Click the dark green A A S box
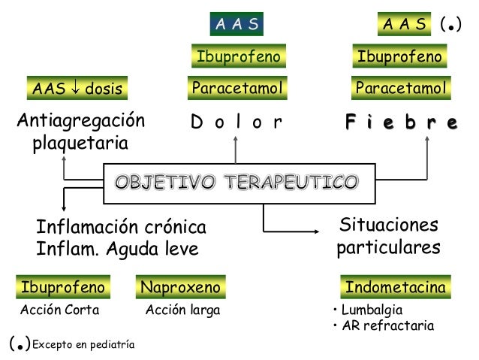(x=236, y=25)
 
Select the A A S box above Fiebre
(x=405, y=25)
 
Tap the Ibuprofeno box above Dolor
(x=238, y=56)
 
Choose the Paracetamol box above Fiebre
(x=401, y=89)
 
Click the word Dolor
(x=236, y=122)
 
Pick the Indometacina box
(x=395, y=287)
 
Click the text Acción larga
(x=182, y=310)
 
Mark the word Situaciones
(x=388, y=225)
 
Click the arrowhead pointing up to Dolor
(x=236, y=142)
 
